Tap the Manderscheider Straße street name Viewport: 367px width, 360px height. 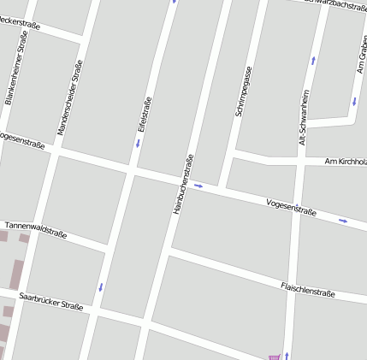tap(70, 97)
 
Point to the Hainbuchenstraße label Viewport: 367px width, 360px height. tap(183, 184)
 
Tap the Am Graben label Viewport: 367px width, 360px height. tap(362, 54)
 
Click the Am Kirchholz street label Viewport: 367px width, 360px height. tap(346, 161)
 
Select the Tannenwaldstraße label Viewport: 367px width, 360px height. tap(36, 228)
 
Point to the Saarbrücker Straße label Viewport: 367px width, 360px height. tap(51, 300)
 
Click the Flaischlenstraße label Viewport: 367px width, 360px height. tap(308, 289)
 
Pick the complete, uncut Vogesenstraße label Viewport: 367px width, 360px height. tap(292, 207)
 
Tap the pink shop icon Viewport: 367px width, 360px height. tap(274, 357)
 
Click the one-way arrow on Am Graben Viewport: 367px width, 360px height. tap(353, 101)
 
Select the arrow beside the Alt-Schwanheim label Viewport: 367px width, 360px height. tap(313, 61)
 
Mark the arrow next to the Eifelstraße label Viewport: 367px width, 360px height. tap(137, 143)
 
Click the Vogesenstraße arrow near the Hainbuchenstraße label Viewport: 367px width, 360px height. tap(198, 185)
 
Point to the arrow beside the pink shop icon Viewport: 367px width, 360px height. tap(287, 355)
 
